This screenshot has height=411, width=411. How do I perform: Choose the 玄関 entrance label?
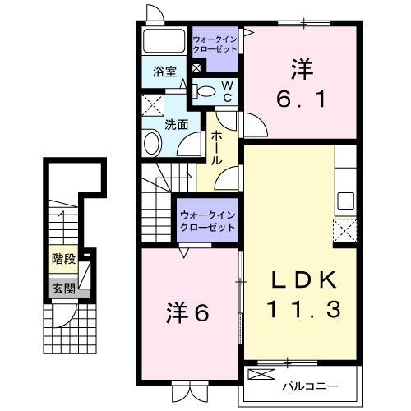coord(62,288)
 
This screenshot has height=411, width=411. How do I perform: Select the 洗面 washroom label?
coord(176,125)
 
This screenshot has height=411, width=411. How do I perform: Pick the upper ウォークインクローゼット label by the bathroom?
coord(215,44)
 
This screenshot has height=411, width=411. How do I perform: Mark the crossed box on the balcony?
coord(261,376)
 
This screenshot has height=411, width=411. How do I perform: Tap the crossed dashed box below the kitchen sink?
coord(344,229)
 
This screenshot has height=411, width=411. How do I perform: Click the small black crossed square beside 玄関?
coord(83,288)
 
